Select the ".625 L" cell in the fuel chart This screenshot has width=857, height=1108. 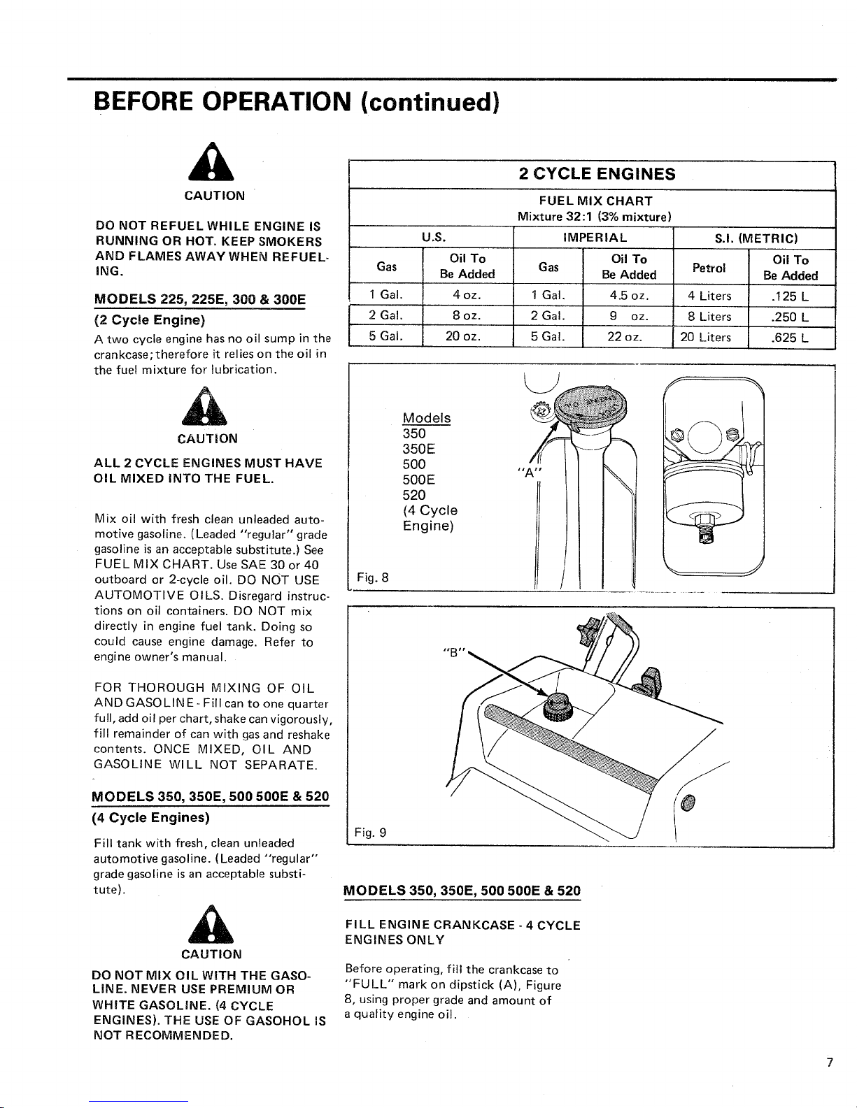click(790, 338)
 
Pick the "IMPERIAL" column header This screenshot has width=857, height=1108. click(595, 238)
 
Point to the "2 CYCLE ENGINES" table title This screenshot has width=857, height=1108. click(597, 174)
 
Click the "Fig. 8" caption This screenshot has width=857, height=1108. click(372, 577)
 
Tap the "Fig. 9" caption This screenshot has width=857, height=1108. click(370, 832)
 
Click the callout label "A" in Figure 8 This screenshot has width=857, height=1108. click(529, 473)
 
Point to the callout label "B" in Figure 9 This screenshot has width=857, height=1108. click(454, 652)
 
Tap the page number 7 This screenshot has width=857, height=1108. click(830, 1062)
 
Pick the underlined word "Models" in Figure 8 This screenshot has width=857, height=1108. click(427, 418)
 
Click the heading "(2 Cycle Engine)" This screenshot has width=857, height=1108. click(150, 320)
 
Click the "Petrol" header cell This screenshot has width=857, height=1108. click(709, 268)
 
